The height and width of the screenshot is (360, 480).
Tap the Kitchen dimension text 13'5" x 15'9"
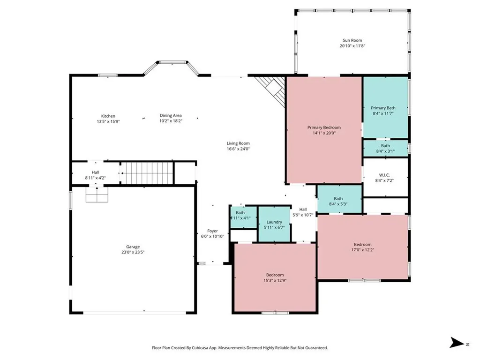pos(108,121)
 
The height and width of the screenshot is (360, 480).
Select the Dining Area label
pos(171,115)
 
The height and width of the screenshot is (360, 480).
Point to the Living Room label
pos(238,143)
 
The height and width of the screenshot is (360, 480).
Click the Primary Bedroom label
pos(324,127)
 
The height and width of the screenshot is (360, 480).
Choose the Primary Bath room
pos(385,108)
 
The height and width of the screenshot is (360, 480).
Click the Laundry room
pos(274,224)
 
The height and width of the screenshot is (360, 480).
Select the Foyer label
pos(212,231)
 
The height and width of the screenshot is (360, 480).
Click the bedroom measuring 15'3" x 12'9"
pos(275,277)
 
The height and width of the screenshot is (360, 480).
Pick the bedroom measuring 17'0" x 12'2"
pos(362,247)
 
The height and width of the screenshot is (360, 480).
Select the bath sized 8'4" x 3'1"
pos(385,148)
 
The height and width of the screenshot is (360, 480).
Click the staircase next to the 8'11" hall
pos(147,173)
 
